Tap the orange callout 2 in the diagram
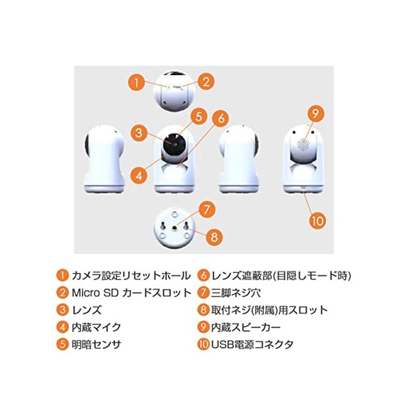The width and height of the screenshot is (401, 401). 207,81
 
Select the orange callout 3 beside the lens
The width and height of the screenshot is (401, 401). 140,132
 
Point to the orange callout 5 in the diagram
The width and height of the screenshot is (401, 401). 198,117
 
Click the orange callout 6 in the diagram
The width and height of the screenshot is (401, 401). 219,117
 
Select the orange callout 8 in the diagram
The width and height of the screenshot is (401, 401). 214,237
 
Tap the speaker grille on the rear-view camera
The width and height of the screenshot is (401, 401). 304,143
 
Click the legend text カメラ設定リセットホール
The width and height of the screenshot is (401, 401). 125,276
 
